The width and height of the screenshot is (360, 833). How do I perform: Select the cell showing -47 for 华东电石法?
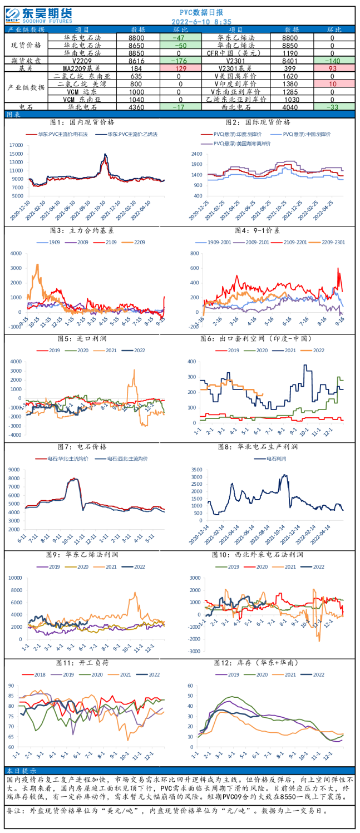coord(180,37)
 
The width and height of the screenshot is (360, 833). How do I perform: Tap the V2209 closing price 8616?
coord(136,60)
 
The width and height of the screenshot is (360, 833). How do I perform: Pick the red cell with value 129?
coord(180,68)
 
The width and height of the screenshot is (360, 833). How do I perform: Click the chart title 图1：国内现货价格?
coord(82,122)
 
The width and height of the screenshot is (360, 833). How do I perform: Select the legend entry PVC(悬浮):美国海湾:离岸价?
coord(240,144)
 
